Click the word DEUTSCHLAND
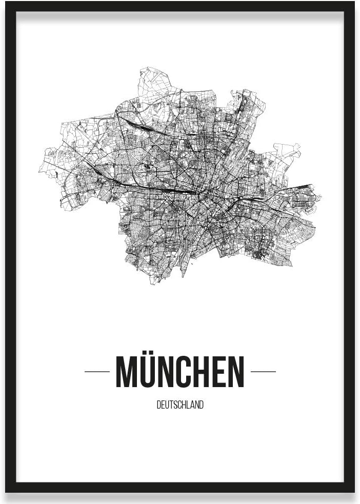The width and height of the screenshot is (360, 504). click(180, 405)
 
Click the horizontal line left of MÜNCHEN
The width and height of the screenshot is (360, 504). click(97, 371)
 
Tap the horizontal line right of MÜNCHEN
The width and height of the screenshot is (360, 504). click(263, 371)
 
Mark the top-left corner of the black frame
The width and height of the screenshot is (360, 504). click(6, 3)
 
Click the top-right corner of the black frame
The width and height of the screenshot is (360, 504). click(354, 3)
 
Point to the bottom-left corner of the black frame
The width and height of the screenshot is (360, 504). click(6, 492)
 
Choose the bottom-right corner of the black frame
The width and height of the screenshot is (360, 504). click(354, 492)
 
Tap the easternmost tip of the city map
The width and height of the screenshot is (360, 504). click(321, 197)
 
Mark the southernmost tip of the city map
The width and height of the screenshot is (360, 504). click(152, 284)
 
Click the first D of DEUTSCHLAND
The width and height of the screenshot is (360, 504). click(158, 405)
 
